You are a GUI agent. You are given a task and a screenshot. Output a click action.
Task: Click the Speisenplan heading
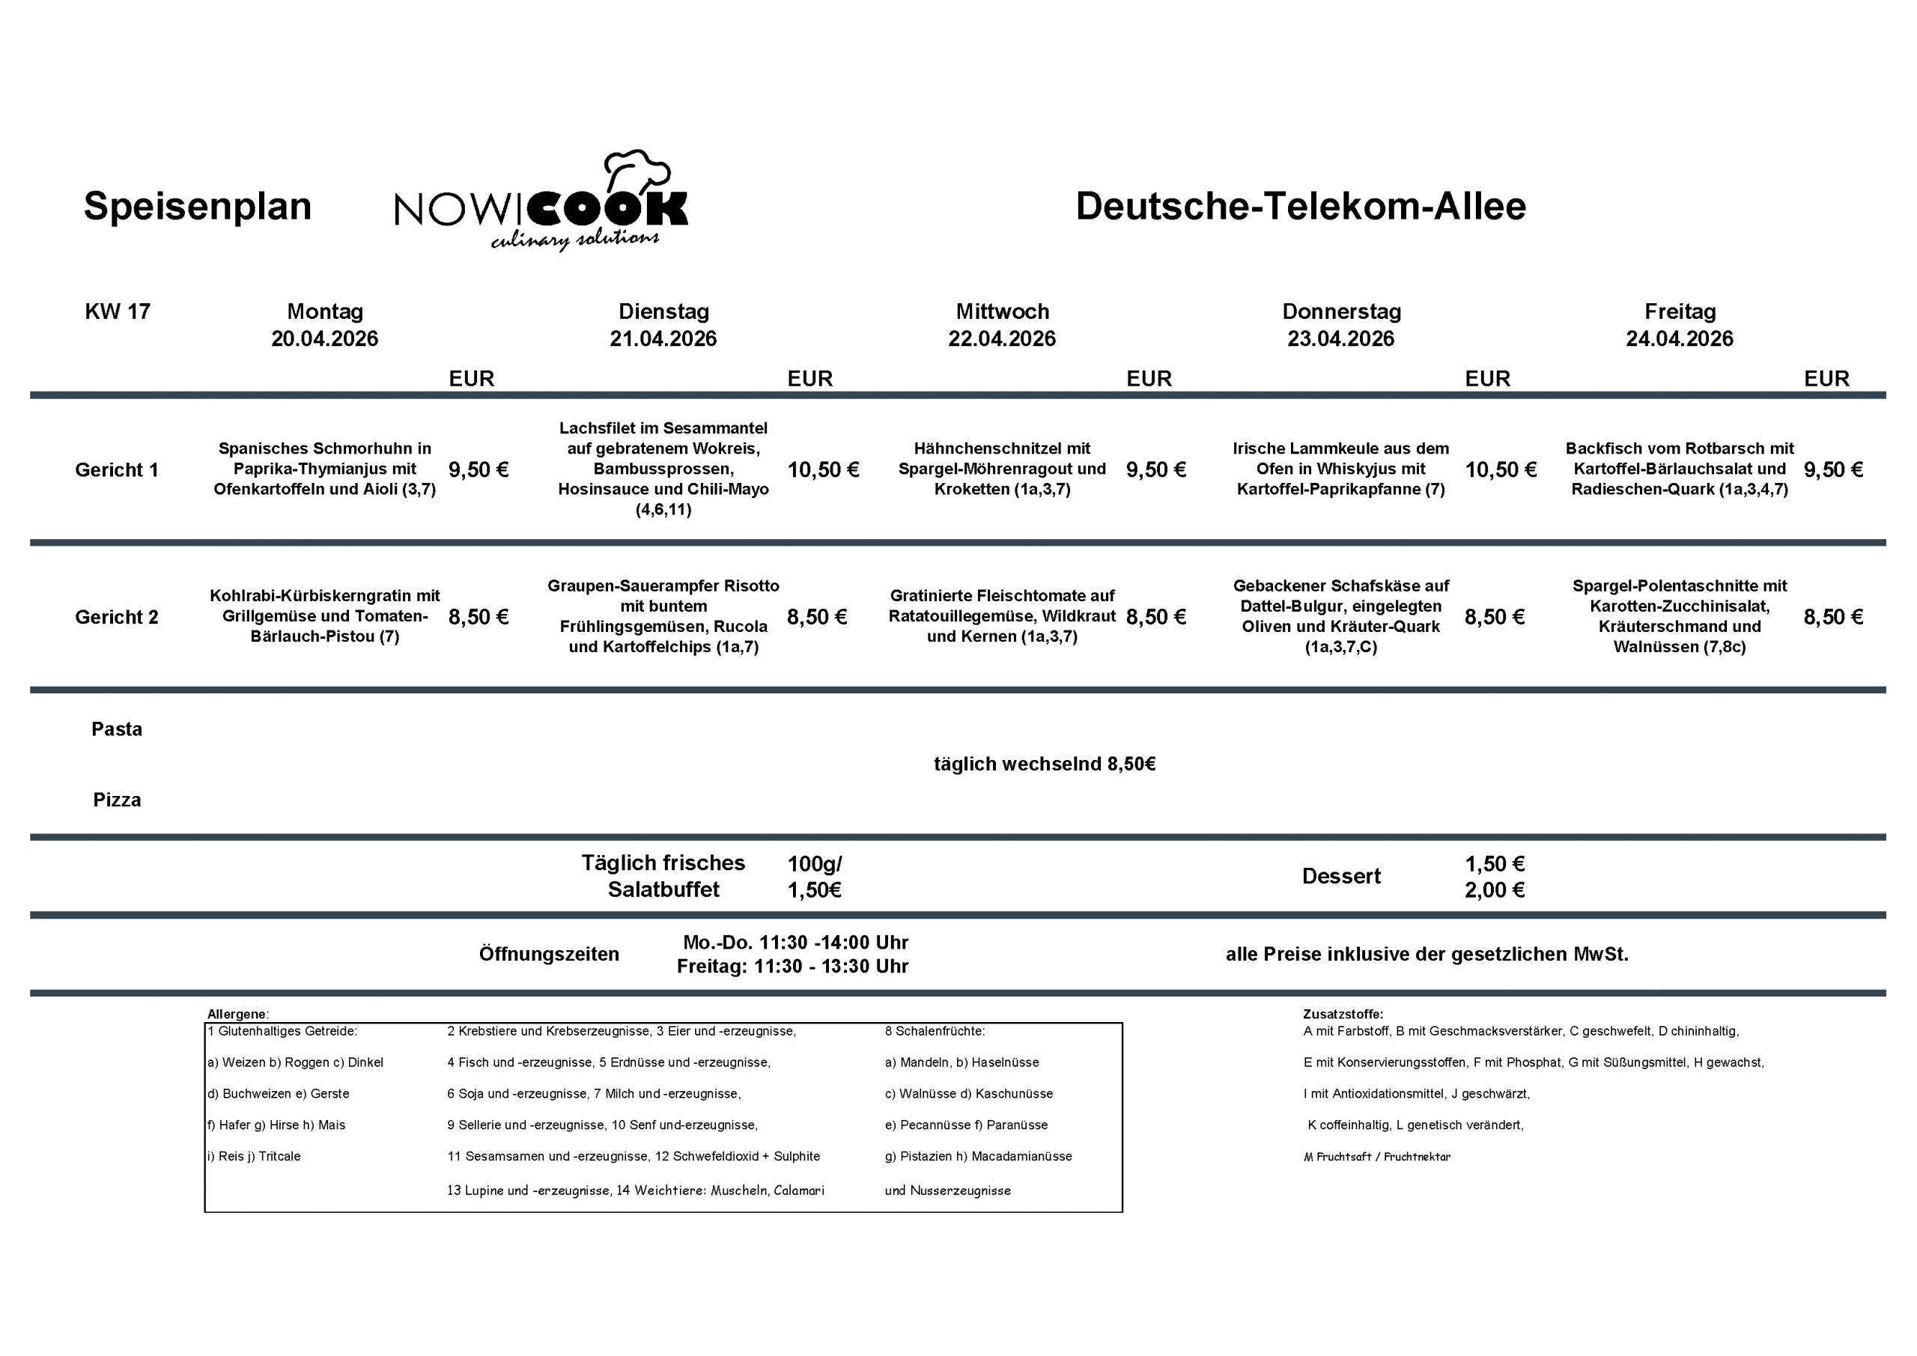click(x=197, y=206)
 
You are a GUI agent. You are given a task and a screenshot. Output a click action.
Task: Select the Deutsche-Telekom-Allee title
click(x=1300, y=206)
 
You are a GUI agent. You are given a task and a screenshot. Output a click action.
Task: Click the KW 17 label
click(x=118, y=311)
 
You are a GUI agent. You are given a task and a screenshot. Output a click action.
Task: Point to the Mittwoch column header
click(x=1002, y=311)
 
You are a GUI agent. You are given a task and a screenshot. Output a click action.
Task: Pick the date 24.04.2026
click(x=1679, y=339)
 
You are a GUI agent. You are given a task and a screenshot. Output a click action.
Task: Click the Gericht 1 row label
click(x=117, y=470)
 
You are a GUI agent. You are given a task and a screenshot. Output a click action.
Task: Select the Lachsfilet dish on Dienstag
click(x=663, y=469)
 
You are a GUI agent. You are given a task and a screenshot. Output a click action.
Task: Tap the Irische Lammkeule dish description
click(x=1340, y=469)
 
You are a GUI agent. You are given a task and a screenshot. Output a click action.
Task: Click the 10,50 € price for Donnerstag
click(x=1501, y=470)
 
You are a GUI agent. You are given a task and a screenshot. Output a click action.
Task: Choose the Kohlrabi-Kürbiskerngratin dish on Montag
click(x=325, y=616)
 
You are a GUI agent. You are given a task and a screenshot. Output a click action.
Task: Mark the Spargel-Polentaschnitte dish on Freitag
click(x=1679, y=616)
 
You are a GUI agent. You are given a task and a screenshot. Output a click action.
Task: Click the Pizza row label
click(x=117, y=800)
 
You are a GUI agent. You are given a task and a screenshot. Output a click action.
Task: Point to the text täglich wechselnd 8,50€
click(x=1045, y=764)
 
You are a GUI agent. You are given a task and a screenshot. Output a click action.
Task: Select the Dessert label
click(x=1341, y=876)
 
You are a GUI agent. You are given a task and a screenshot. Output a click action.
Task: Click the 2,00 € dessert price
click(x=1495, y=890)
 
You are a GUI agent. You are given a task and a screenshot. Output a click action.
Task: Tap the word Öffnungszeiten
click(x=549, y=955)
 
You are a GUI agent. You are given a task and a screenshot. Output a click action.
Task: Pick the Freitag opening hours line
click(x=792, y=967)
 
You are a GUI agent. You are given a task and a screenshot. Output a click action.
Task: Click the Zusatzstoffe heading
click(x=1343, y=1015)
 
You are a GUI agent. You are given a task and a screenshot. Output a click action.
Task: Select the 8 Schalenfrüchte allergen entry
click(x=935, y=1031)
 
